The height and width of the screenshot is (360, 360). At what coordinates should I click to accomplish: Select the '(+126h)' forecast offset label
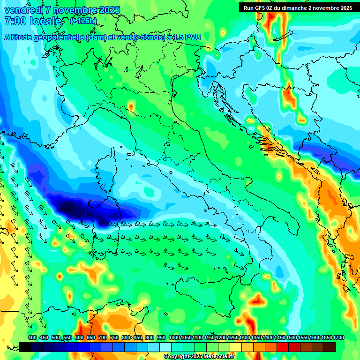tap(83, 21)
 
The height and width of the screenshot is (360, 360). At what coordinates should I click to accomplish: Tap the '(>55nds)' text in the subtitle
tap(146, 37)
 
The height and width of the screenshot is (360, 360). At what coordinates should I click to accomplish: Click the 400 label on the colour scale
tap(32, 338)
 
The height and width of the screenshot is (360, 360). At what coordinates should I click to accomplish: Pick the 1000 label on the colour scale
tap(174, 338)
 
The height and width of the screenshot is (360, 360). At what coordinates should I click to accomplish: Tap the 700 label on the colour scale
tap(102, 338)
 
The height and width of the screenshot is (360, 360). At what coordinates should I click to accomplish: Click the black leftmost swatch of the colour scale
tap(25, 347)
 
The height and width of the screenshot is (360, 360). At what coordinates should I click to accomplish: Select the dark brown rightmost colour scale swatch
tap(330, 347)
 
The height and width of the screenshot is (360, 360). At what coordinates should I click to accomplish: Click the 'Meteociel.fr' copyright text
tap(217, 357)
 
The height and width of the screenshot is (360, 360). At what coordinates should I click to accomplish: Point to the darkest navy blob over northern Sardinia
tap(70, 205)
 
